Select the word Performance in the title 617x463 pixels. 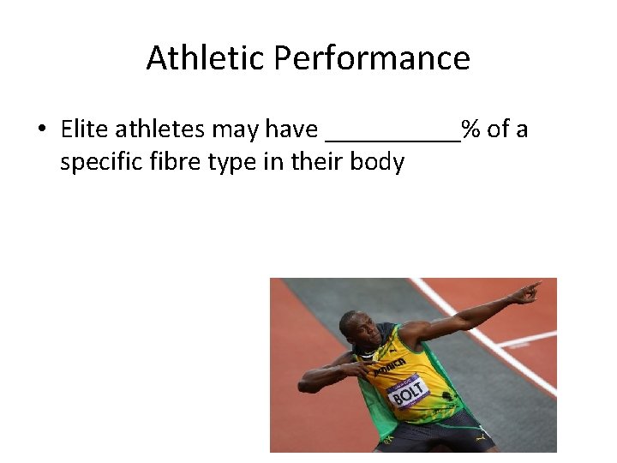372,58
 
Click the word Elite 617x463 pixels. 84,129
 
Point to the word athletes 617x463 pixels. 160,129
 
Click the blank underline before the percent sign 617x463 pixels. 393,137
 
